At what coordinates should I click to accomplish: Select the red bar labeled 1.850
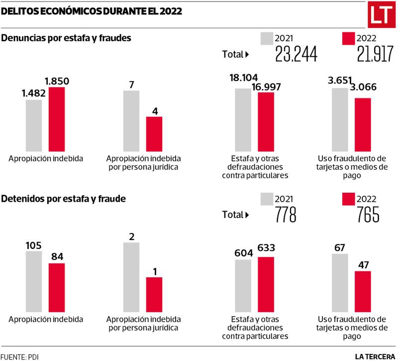[57, 119]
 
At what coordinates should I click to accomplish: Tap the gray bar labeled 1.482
[34, 125]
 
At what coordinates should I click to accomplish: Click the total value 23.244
[297, 54]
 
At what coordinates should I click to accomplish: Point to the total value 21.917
[375, 54]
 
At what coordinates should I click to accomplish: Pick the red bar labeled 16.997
[266, 121]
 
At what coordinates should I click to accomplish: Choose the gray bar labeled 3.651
[340, 120]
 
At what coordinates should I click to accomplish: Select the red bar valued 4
[154, 133]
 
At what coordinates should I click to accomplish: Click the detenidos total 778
[286, 215]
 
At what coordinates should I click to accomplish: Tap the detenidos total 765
[368, 215]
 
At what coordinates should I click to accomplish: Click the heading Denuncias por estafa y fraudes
[66, 38]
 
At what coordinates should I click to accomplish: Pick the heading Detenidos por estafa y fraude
[63, 199]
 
